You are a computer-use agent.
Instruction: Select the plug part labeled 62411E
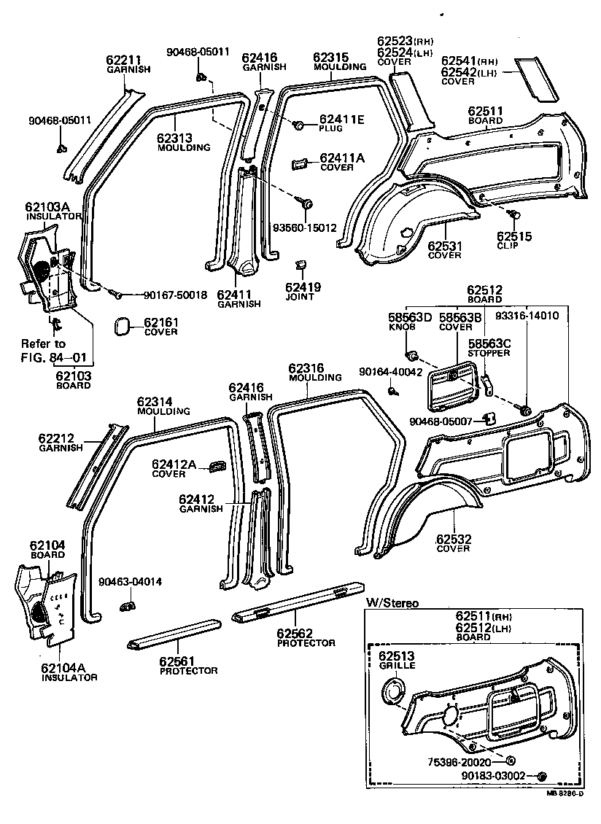tap(298, 126)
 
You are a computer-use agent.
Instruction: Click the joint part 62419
tap(299, 264)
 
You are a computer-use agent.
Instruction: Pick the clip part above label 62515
tap(514, 214)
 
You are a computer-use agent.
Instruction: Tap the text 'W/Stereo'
tap(392, 603)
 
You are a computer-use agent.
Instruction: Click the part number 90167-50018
tap(175, 295)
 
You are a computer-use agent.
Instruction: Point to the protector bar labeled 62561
tap(173, 634)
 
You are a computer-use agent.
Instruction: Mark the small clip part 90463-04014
tap(129, 604)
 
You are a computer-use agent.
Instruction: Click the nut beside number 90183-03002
tap(541, 776)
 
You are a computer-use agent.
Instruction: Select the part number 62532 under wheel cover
tap(454, 539)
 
